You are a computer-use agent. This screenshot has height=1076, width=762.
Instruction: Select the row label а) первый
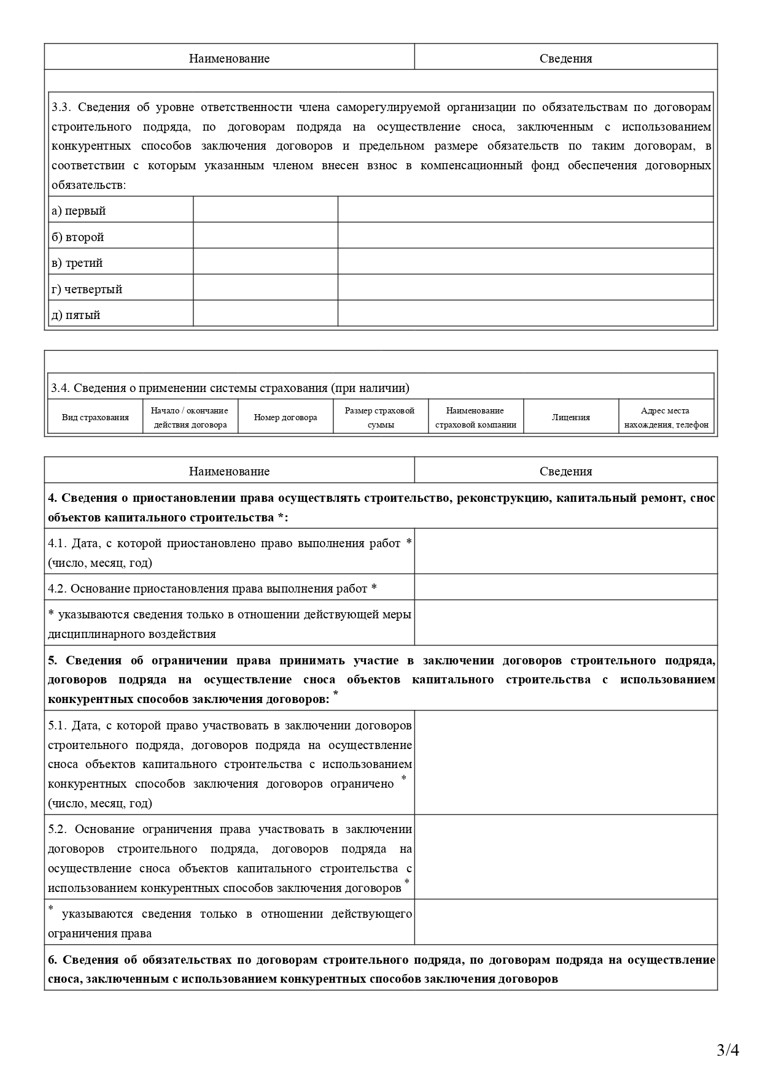(79, 210)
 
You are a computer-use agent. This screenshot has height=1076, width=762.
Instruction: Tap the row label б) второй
(77, 237)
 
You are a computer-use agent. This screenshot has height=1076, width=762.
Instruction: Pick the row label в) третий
(77, 263)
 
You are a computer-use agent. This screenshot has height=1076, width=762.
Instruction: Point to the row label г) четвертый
(87, 289)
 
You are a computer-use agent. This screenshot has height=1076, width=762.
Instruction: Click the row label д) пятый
(76, 315)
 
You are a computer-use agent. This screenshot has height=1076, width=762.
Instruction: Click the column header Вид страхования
(95, 417)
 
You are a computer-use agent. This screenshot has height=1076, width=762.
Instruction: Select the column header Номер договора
(286, 417)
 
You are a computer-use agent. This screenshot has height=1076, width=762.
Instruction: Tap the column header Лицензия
(570, 417)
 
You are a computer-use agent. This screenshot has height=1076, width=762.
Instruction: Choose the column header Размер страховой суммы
(380, 417)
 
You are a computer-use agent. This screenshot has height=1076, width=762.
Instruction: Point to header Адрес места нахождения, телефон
(666, 417)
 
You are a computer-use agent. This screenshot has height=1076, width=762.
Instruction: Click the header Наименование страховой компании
(475, 417)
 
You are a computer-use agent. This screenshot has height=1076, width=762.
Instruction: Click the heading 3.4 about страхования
(230, 388)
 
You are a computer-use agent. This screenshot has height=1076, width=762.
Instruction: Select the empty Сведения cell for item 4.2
(566, 588)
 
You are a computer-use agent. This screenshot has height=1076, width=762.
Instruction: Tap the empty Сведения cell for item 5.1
(566, 763)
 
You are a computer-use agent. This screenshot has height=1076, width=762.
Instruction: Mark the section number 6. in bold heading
(53, 959)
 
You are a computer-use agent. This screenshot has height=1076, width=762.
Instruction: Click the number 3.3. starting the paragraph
(62, 107)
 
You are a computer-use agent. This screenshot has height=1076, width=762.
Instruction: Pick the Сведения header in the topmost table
(566, 58)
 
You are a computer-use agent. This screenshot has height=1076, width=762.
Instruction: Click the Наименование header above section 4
(229, 471)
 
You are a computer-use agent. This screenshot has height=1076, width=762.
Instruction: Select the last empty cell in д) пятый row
(525, 313)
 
